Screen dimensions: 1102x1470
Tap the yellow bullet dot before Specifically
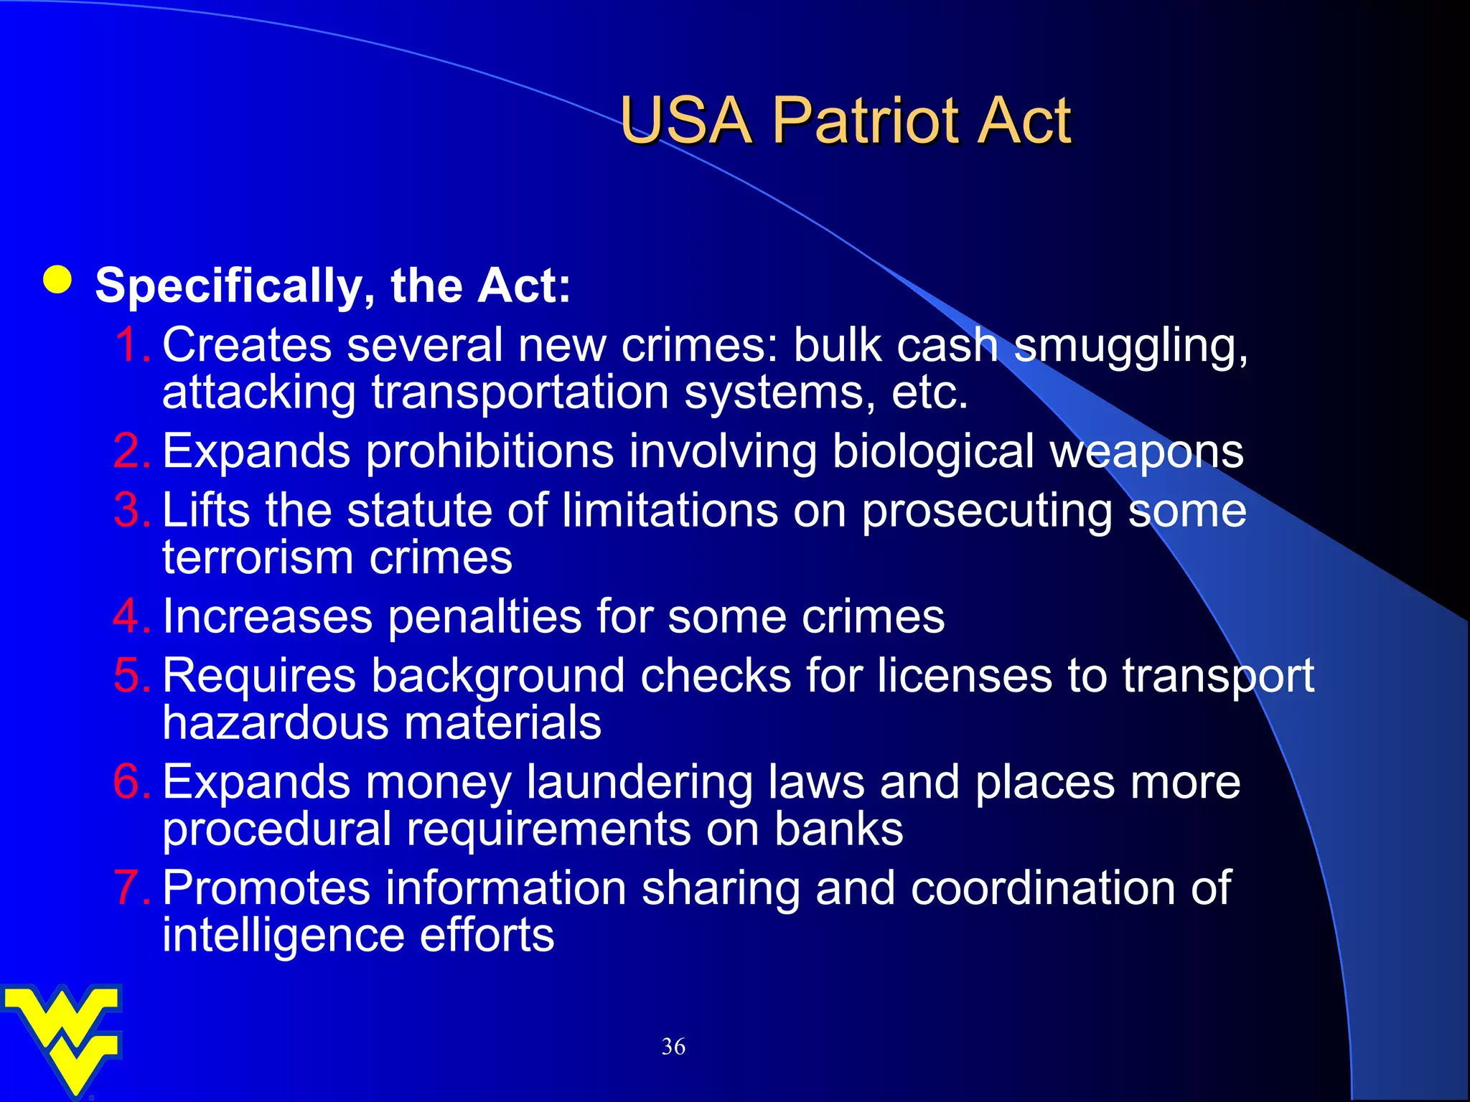[x=57, y=281]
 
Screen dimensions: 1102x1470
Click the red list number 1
[x=129, y=345]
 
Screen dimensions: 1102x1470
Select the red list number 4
[x=129, y=616]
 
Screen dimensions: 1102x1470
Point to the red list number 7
[x=129, y=887]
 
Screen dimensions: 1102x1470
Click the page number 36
[x=673, y=1046]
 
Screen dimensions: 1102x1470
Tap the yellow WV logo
[x=63, y=1037]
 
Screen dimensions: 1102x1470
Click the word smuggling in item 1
[x=1130, y=347]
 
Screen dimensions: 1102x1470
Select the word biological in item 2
[x=933, y=453]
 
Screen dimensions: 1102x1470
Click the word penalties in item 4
[x=484, y=618]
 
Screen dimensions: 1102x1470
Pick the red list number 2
[x=129, y=451]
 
